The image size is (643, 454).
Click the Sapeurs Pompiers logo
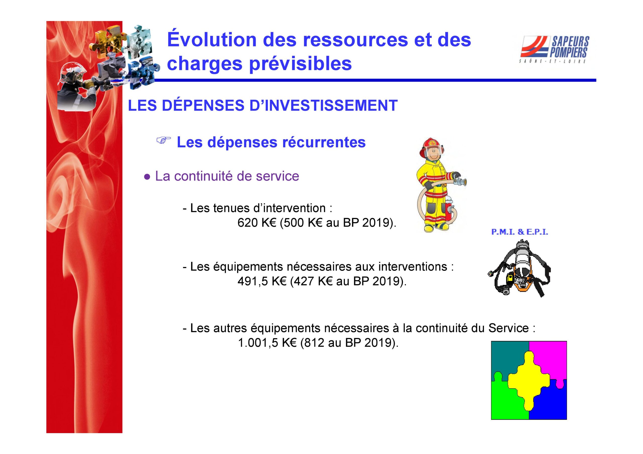[x=555, y=49]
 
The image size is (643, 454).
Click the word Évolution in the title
[x=212, y=39]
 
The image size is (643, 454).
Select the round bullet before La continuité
[x=147, y=177]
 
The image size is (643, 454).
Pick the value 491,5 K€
[x=262, y=281]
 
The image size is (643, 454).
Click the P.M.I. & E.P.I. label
[x=519, y=232]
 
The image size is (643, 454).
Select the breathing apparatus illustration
[x=519, y=269]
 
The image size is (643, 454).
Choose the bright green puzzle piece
[x=506, y=400]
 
